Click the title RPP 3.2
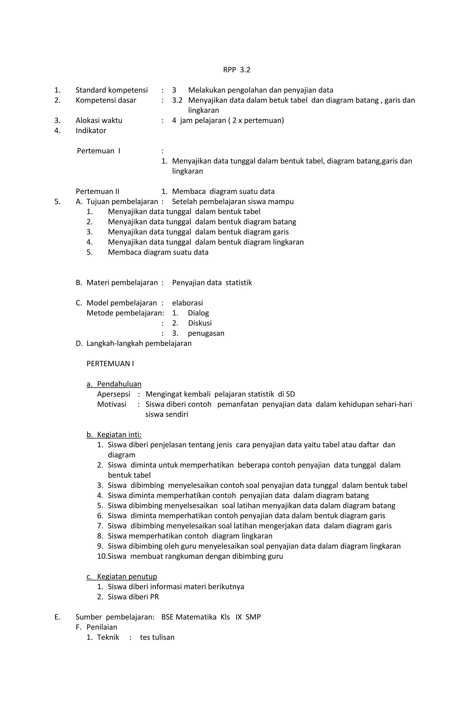tap(236, 70)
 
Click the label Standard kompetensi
tap(112, 90)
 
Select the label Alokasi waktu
tap(99, 120)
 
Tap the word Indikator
tap(91, 131)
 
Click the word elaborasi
tap(187, 303)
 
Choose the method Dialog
tap(198, 313)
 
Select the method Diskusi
tap(200, 323)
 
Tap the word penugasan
tap(206, 333)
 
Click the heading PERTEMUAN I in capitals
tap(110, 364)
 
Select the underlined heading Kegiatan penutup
tap(127, 576)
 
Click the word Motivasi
tap(112, 404)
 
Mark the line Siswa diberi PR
tap(133, 597)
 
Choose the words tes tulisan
tap(157, 637)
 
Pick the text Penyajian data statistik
tap(212, 283)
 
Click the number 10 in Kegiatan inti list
tap(102, 556)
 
